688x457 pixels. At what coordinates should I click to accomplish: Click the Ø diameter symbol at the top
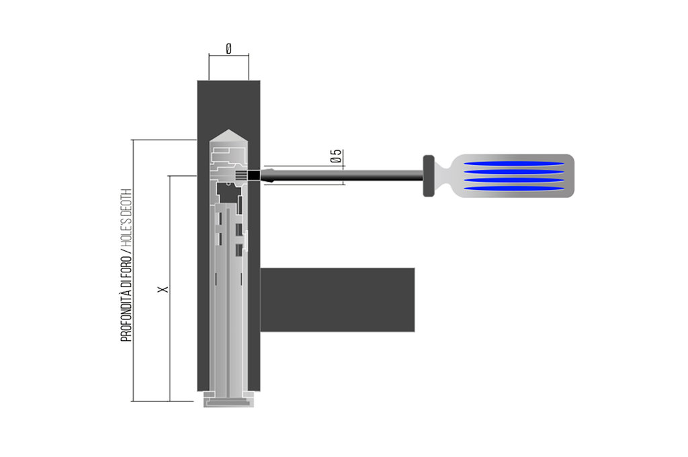229,49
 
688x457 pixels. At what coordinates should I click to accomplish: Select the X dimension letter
162,289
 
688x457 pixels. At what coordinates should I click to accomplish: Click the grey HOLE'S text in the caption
126,225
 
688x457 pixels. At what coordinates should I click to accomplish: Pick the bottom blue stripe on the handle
515,189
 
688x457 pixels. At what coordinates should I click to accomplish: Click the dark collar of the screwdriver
428,176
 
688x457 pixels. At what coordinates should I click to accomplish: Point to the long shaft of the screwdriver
349,176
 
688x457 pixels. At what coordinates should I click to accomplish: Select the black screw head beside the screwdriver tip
253,176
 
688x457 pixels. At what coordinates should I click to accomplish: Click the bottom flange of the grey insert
229,402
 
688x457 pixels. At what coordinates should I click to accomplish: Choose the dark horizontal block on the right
337,299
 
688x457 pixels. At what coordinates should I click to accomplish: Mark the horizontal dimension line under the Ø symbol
229,56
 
